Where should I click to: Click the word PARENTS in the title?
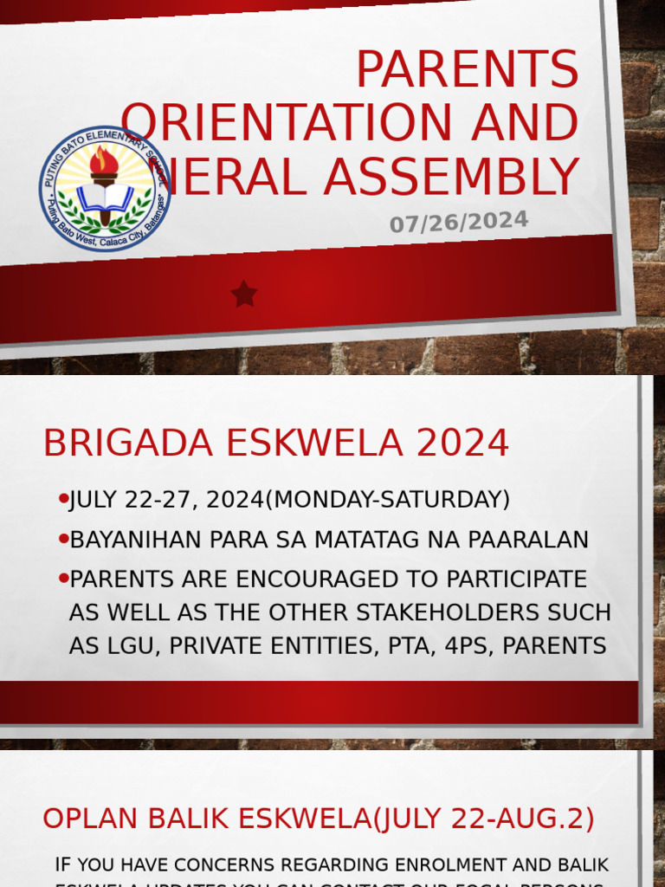468,69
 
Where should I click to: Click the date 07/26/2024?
458,223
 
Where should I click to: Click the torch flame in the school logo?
104,161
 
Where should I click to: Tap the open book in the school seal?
105,198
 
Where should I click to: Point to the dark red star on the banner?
244,295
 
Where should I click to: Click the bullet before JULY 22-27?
63,499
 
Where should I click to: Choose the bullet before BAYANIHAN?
63,539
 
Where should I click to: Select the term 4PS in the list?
468,645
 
